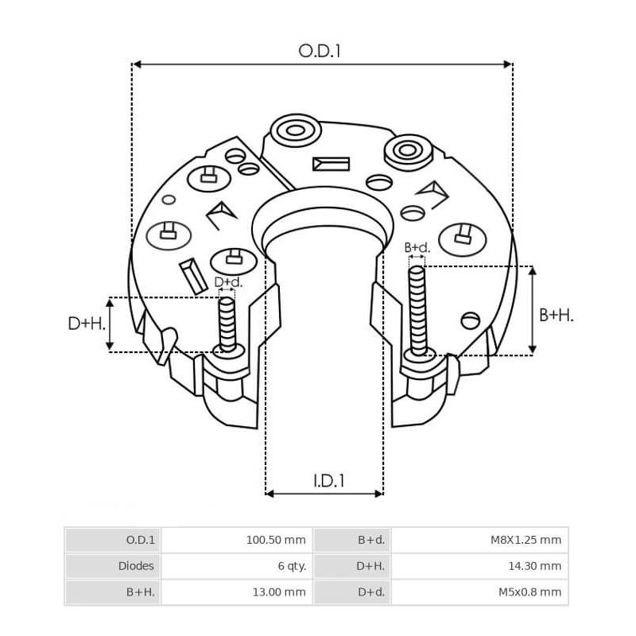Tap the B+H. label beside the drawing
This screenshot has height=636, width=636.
click(556, 316)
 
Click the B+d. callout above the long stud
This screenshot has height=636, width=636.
click(417, 247)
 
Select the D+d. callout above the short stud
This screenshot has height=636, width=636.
click(228, 282)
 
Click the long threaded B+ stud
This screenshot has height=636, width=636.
click(417, 310)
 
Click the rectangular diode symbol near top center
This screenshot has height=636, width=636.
click(331, 164)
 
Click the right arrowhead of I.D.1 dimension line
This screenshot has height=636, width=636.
click(378, 494)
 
